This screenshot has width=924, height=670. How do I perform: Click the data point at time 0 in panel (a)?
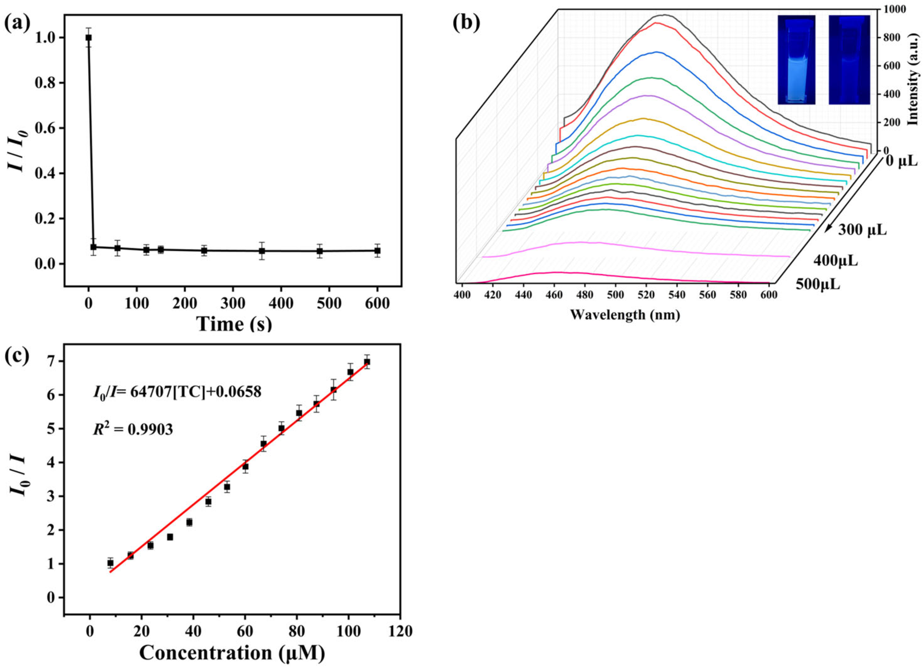(89, 38)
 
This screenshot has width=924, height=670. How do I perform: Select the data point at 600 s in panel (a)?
(377, 251)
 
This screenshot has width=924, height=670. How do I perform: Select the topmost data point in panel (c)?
(367, 362)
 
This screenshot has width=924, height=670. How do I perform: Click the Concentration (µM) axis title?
(232, 653)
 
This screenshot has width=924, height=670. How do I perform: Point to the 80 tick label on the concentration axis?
(296, 631)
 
